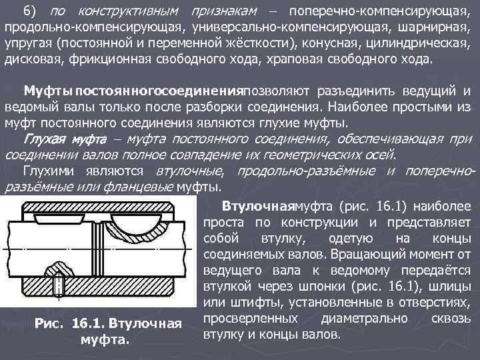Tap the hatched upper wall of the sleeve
tap(93, 211)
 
